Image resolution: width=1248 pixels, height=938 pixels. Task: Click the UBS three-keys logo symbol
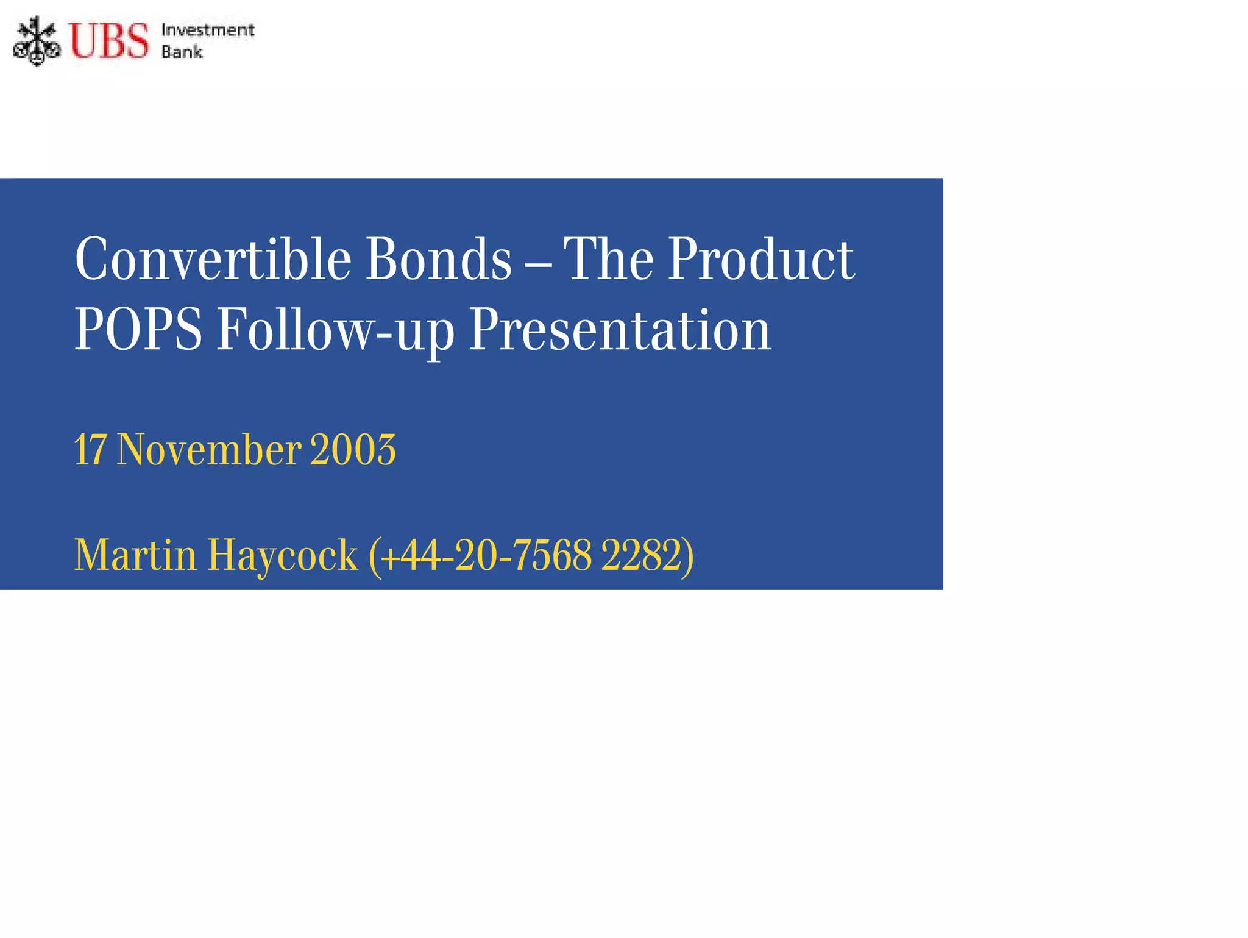pos(37,41)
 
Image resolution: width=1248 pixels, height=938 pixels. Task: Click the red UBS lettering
pos(108,41)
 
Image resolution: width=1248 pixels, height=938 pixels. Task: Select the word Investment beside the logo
pos(207,30)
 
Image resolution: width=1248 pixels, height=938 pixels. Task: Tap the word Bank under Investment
pos(182,52)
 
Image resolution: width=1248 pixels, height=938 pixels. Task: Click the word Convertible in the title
pos(213,259)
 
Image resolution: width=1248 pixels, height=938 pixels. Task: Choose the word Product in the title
pos(761,259)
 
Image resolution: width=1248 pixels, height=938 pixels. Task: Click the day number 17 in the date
pos(90,450)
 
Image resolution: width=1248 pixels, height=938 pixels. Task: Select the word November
pos(209,450)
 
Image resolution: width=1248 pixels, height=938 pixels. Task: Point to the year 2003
pos(353,450)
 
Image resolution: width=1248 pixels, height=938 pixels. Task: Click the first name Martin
pos(135,555)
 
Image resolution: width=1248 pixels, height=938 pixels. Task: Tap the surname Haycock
pos(283,555)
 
